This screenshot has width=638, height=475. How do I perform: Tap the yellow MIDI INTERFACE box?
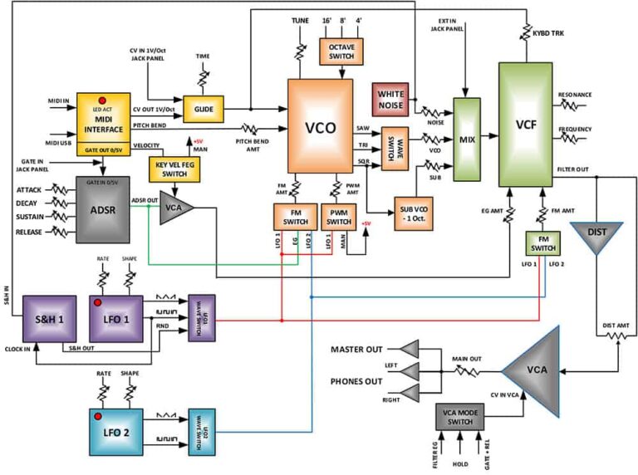104,125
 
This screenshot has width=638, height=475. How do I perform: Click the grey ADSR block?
104,209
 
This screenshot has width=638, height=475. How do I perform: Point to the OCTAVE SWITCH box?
341,51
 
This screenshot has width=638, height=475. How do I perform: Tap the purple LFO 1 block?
116,317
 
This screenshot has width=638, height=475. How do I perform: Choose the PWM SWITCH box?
339,217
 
